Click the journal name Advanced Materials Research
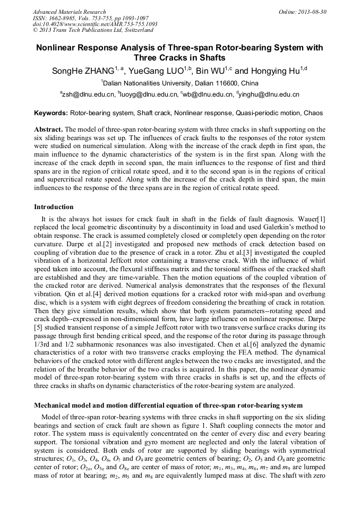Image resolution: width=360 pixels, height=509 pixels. point(69,12)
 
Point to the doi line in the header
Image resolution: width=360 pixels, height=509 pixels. point(95,24)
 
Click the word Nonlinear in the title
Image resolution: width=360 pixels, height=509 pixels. point(57,48)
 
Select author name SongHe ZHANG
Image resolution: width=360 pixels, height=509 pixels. point(83,71)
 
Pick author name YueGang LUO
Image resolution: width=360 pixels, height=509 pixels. point(156,71)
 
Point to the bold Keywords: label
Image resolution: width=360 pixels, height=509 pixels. point(51,113)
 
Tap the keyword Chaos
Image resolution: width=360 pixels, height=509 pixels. point(313,113)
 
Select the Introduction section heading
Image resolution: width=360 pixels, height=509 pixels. point(54,206)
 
